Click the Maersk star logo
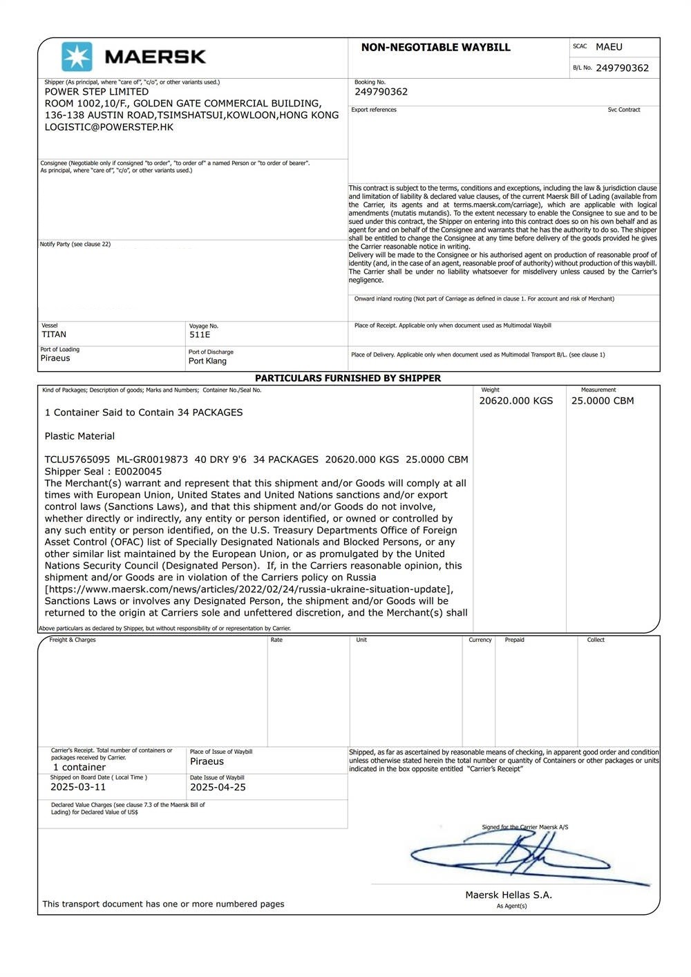[76, 57]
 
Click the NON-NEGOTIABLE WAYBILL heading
[435, 48]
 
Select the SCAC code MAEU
[609, 47]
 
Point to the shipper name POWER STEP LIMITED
[97, 92]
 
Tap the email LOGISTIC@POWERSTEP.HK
[109, 127]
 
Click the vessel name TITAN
[54, 334]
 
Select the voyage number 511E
[200, 335]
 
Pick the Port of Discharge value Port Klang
[207, 361]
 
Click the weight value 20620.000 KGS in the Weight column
[516, 401]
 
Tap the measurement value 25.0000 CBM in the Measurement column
[603, 401]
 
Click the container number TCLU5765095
[77, 459]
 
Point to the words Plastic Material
[79, 436]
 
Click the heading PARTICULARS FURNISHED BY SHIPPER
[348, 379]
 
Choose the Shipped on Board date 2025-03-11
[78, 787]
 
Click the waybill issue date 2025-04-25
[218, 787]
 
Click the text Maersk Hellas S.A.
[509, 895]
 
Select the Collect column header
[596, 641]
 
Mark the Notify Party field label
[75, 245]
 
